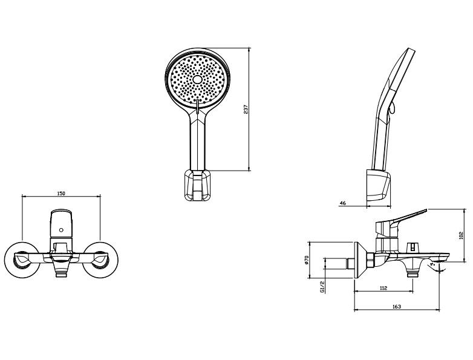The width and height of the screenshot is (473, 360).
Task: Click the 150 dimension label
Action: pos(61,194)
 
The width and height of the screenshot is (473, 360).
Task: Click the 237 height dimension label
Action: pos(246,110)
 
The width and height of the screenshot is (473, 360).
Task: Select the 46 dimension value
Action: pos(343,203)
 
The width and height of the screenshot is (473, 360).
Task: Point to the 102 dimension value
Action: pos(460,235)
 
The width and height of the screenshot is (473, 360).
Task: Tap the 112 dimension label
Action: pos(383,288)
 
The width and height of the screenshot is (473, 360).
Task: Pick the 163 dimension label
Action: pos(397,307)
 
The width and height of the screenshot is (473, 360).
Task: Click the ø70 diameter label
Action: pos(306,260)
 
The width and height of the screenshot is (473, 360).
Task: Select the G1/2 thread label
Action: pos(322,287)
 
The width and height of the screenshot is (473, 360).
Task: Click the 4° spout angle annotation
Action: pos(434,264)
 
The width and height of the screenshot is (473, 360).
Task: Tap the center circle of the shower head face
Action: pos(198,79)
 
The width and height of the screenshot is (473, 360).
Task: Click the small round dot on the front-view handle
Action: pos(61,231)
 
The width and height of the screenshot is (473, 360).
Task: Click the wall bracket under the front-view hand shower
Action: pos(197,185)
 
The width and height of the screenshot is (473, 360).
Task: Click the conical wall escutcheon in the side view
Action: pos(360,260)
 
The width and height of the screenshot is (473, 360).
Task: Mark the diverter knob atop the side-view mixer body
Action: pos(412,246)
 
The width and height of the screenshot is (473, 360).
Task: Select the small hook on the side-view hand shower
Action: pos(391,108)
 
